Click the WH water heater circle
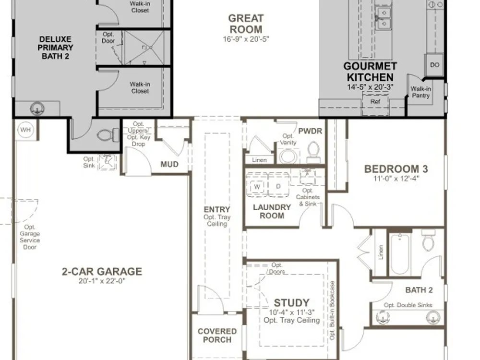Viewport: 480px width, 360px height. click(26, 130)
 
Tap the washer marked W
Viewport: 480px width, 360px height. click(257, 185)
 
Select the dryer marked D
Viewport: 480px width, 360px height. click(278, 185)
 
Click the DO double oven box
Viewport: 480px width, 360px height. click(435, 65)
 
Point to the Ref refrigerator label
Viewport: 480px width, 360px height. click(375, 102)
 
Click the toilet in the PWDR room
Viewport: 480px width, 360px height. click(313, 153)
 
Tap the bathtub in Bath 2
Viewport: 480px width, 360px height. click(400, 254)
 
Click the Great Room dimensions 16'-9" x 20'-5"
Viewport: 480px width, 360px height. click(246, 39)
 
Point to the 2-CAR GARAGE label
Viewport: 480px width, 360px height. click(102, 272)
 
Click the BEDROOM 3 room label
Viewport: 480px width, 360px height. click(396, 169)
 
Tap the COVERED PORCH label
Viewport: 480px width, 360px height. click(217, 336)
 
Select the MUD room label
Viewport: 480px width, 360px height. click(169, 164)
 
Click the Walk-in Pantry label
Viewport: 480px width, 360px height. click(420, 92)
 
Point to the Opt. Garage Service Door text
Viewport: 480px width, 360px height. click(30, 237)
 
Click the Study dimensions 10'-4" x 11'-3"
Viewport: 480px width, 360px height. click(292, 312)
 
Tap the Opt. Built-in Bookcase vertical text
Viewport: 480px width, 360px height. click(333, 310)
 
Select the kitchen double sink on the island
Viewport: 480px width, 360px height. click(384, 18)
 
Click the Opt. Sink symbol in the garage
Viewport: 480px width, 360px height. click(107, 162)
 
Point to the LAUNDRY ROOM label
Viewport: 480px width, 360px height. click(272, 212)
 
